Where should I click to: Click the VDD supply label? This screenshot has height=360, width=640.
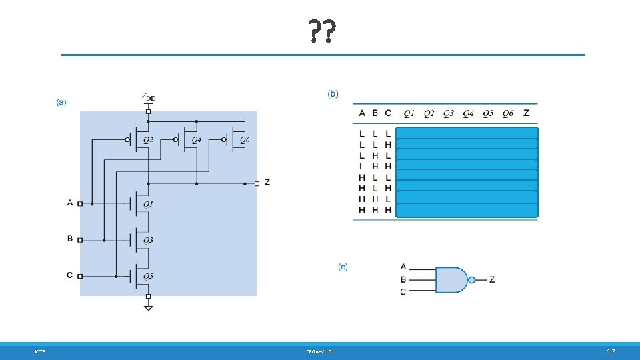148,97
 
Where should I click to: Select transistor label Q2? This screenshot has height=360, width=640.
148,139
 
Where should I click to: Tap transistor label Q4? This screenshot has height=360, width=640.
196,139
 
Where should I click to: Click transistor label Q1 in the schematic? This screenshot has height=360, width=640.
148,204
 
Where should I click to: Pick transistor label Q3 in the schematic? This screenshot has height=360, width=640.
148,240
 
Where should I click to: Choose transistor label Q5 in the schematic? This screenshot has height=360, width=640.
148,276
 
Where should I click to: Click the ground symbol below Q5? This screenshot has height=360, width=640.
148,307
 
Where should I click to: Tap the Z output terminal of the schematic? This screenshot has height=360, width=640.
257,183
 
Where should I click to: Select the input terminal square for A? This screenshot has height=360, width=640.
80,203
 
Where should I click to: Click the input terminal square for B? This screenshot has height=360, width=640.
80,239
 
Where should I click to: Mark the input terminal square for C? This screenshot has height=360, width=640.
80,275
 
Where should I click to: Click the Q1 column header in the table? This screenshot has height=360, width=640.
409,113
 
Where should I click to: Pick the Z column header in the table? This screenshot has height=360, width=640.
526,113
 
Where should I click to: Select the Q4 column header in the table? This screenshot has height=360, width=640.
468,113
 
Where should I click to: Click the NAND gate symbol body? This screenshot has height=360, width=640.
451,280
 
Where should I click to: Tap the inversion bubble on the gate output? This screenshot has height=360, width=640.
471,280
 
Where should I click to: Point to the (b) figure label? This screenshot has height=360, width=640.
333,93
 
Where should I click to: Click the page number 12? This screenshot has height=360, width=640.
611,351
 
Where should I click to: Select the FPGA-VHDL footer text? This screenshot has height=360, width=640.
321,351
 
